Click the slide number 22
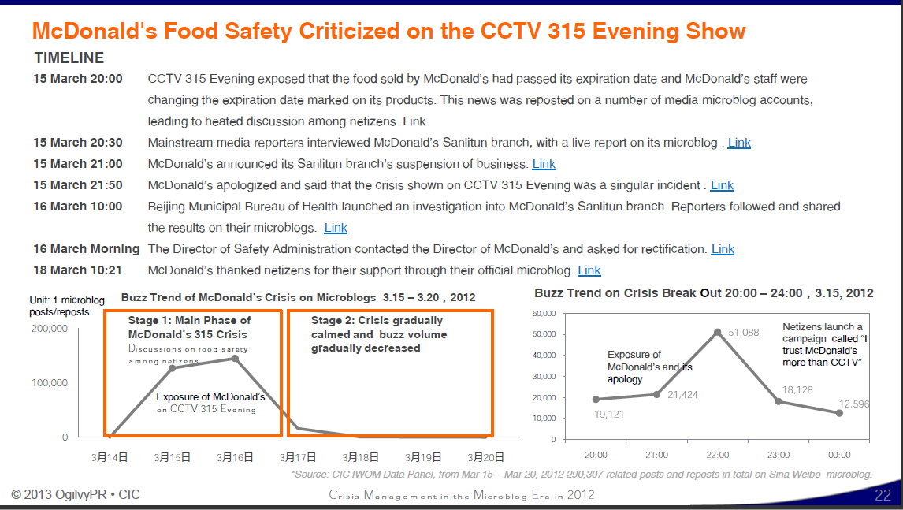click(883, 496)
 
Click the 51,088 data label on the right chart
click(744, 332)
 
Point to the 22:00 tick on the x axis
click(718, 455)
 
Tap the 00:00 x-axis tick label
click(839, 455)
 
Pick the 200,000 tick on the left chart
click(50, 328)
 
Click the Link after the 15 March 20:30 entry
click(739, 143)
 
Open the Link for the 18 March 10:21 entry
click(589, 270)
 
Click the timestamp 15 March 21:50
click(78, 185)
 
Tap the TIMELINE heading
click(69, 58)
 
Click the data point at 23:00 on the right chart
click(779, 401)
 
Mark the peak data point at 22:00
click(718, 332)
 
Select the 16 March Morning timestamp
click(86, 249)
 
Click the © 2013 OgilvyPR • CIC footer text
click(76, 495)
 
